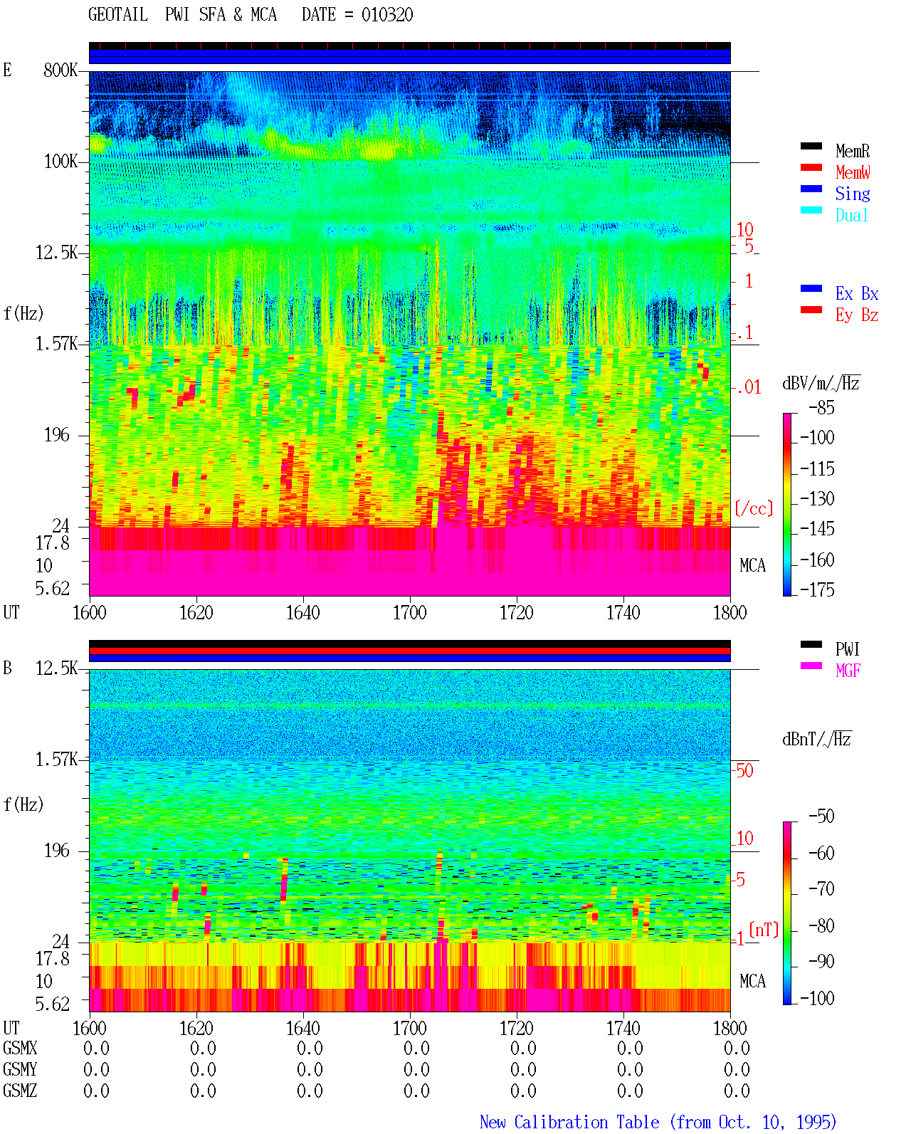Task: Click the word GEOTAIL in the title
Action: (118, 15)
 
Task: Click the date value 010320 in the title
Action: (387, 15)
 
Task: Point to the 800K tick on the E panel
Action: (60, 70)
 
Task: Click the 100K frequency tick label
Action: (60, 162)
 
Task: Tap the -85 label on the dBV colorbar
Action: (821, 408)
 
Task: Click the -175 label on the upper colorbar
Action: (817, 589)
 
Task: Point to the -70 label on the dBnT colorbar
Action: (821, 889)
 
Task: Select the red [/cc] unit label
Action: (754, 508)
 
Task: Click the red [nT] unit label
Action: (764, 930)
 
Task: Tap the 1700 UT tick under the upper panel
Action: (409, 613)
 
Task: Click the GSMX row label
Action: (20, 1048)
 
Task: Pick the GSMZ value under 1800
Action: (737, 1091)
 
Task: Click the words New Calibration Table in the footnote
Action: (569, 1122)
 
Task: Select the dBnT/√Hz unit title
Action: (817, 739)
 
